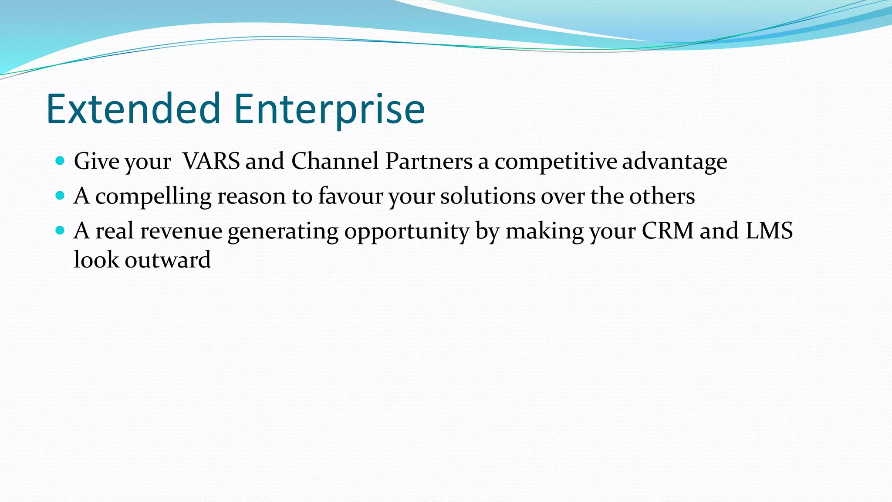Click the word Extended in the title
tap(133, 109)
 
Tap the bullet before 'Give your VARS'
tap(61, 161)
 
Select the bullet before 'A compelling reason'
tap(61, 195)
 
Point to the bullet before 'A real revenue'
tap(61, 230)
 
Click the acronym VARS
tap(211, 161)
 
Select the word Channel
tap(335, 161)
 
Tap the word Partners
tap(429, 161)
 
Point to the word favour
tap(351, 196)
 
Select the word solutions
tap(488, 196)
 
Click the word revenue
tap(181, 231)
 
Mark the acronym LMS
tap(769, 231)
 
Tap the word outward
tap(168, 260)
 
